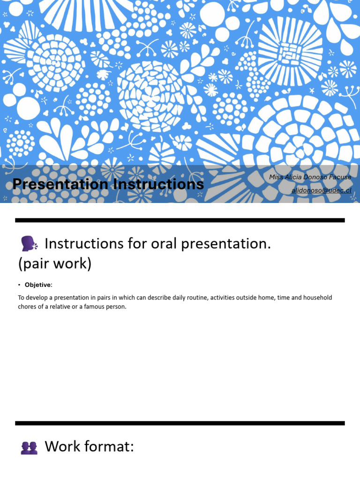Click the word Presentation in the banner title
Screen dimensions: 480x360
[x=60, y=184]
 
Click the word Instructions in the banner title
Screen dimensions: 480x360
[x=158, y=184]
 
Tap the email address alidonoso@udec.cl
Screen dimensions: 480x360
[x=321, y=190]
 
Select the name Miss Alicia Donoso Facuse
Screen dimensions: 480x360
[x=310, y=177]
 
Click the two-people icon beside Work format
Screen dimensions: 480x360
[x=29, y=448]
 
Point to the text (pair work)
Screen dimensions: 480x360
[x=55, y=264]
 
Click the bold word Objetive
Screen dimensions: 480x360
[x=38, y=285]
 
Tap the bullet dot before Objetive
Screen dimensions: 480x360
[x=20, y=285]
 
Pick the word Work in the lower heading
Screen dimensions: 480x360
[x=61, y=447]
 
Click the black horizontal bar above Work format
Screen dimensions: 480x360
[x=180, y=423]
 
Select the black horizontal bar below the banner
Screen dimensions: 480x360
[x=180, y=220]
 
